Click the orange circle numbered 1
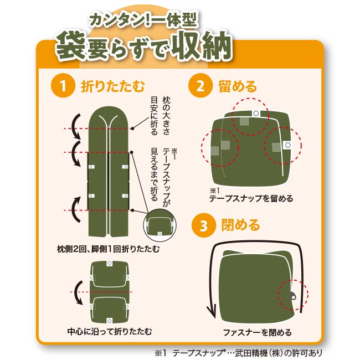click(x=63, y=86)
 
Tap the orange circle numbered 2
click(x=200, y=86)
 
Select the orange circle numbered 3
click(x=204, y=225)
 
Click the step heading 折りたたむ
click(x=113, y=86)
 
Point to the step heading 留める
click(x=238, y=86)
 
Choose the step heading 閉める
click(x=240, y=225)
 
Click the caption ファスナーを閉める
click(x=258, y=332)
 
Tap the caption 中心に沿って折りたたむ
click(x=110, y=331)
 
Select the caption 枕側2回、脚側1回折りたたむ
click(x=108, y=249)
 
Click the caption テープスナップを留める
click(x=251, y=198)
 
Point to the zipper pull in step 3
click(x=293, y=296)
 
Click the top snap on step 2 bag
click(x=256, y=113)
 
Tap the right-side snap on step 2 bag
click(x=287, y=145)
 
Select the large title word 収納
click(x=202, y=45)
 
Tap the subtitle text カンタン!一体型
click(x=143, y=20)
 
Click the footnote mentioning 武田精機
click(x=239, y=353)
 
